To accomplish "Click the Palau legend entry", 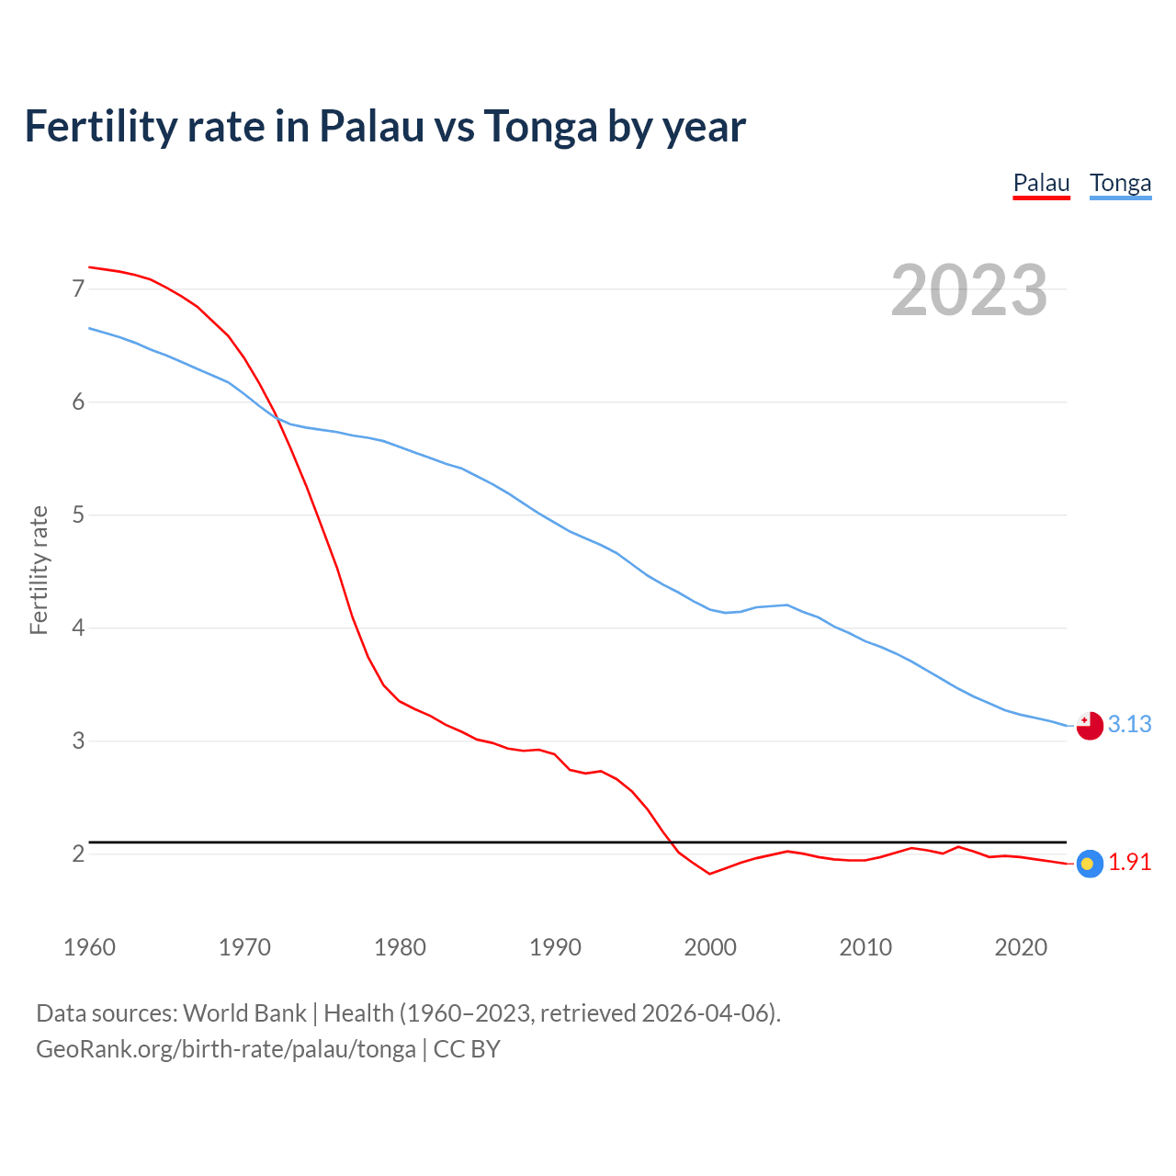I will point(1041,183).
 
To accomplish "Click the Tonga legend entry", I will point(1120,183).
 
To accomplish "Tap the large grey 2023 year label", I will point(968,290).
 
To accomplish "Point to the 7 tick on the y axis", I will point(78,289).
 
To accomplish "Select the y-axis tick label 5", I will point(78,514).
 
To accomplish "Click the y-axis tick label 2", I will point(78,854).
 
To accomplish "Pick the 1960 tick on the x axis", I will point(89,947).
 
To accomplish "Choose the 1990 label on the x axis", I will point(555,947).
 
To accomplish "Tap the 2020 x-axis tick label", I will point(1021,947).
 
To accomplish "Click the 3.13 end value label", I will point(1129,725).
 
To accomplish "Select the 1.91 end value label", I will point(1129,863).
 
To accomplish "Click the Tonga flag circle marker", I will point(1090,726).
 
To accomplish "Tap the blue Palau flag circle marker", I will point(1089,864).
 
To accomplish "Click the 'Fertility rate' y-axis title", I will point(39,570).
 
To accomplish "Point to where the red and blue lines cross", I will point(276,419).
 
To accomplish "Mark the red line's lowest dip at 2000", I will point(709,874).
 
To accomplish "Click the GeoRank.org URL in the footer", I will point(225,1049).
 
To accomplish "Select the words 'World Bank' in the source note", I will point(244,1013).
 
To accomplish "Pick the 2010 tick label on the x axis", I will point(865,947).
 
